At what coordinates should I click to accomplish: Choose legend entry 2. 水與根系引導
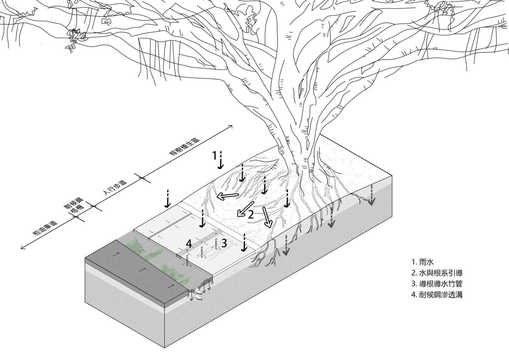click(436, 273)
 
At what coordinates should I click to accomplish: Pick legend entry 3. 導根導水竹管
click(436, 284)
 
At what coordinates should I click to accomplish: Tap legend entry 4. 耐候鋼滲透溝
click(436, 294)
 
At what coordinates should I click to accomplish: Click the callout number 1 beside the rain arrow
click(215, 155)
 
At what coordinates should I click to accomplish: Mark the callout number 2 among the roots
click(251, 215)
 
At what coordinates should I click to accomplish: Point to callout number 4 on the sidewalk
click(189, 244)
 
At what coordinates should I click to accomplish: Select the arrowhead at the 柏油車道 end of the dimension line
click(22, 248)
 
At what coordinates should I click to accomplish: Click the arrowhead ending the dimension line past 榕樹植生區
click(232, 126)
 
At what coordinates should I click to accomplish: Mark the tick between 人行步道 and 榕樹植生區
click(142, 178)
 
